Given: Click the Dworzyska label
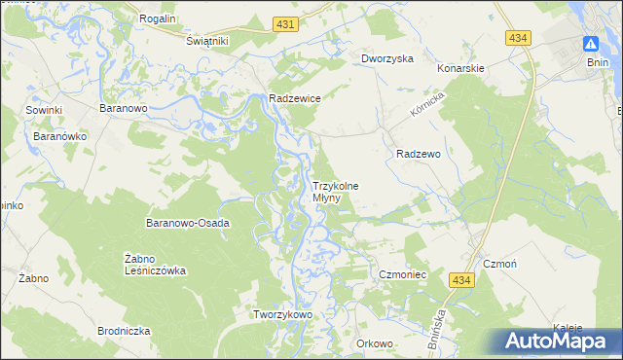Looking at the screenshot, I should (387, 58).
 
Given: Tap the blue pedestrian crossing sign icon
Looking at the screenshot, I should (591, 44).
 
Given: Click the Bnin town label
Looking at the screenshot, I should (598, 62).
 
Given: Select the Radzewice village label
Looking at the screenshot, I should (295, 98).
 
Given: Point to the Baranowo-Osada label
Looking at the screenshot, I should (188, 223).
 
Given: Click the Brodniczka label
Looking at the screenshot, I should (124, 332).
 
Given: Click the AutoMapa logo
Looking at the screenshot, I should (558, 341).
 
